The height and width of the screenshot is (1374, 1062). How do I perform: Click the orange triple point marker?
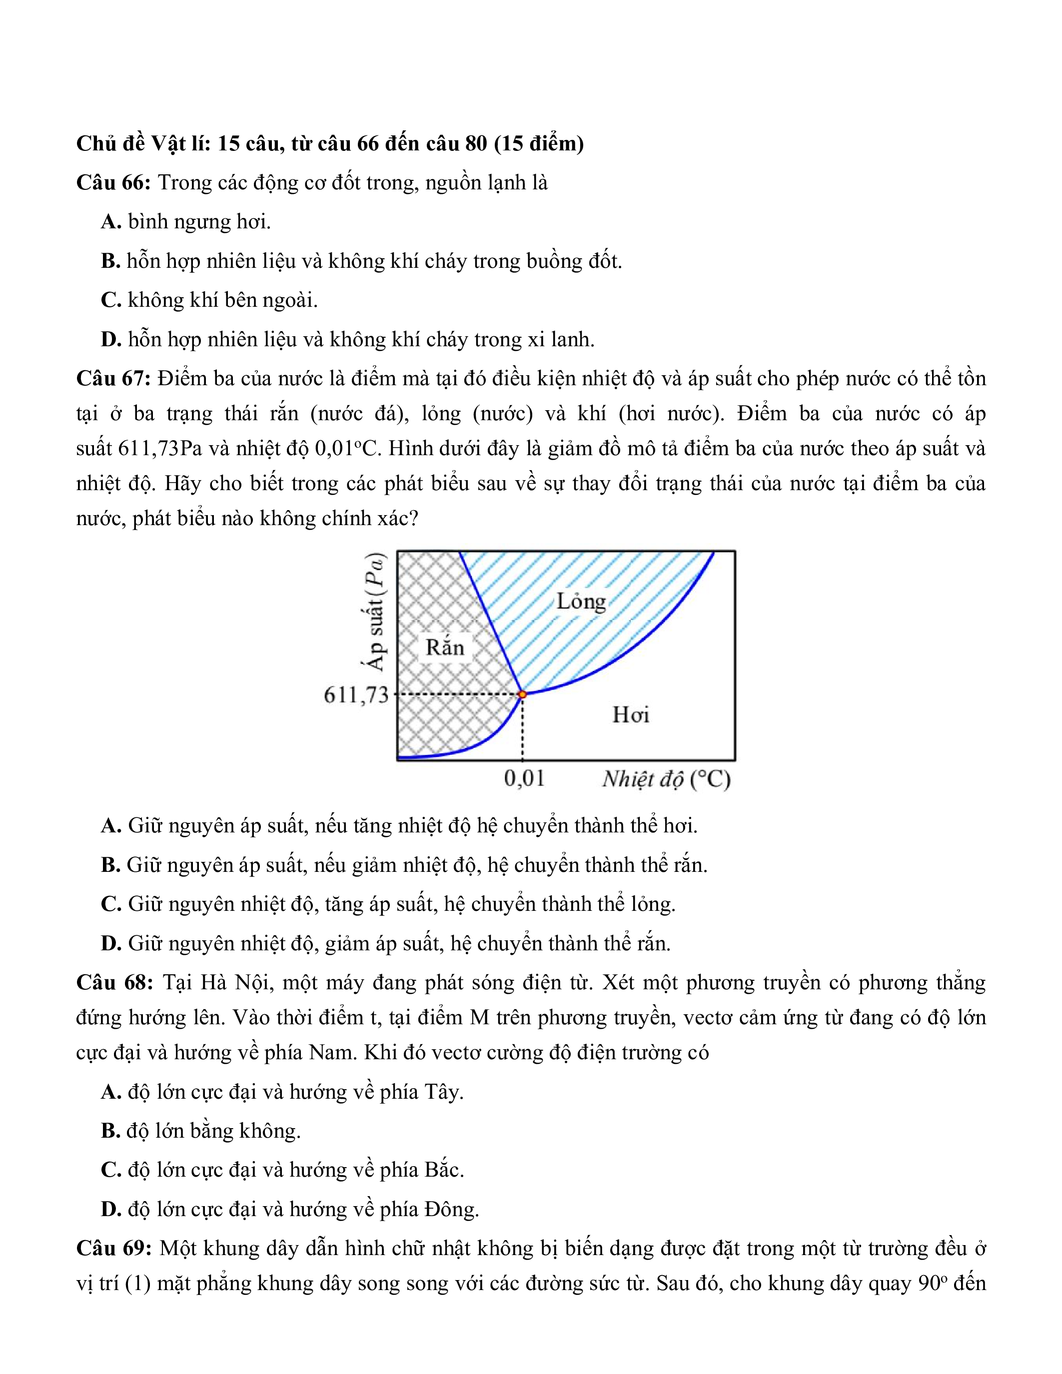(x=522, y=694)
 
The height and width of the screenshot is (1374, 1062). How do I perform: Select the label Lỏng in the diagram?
(x=581, y=601)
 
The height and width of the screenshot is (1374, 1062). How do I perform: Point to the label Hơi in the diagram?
(x=630, y=714)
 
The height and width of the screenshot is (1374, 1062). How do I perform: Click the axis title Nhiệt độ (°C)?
(x=666, y=779)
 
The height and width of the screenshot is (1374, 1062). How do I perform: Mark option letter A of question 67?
(x=111, y=825)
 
